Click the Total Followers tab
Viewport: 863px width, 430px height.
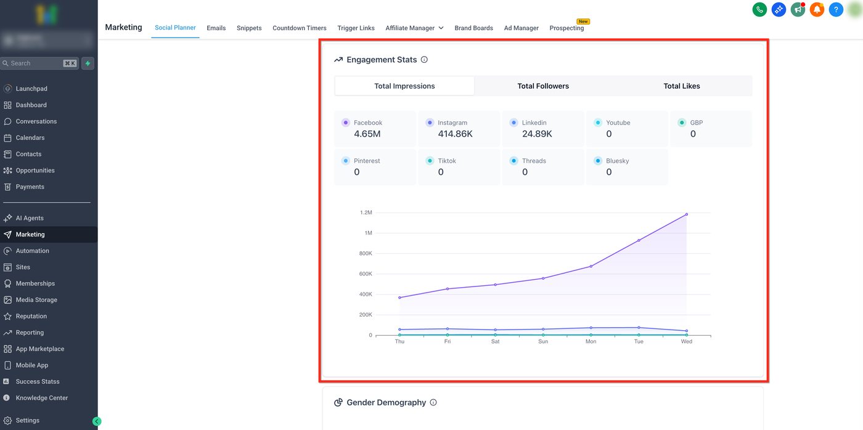tap(543, 86)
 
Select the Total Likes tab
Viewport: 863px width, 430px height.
tap(682, 86)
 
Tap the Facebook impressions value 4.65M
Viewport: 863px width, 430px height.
tap(367, 134)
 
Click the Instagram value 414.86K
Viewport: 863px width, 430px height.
tap(455, 134)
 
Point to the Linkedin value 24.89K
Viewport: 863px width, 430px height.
tap(537, 134)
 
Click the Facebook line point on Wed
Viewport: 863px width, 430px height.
tap(687, 214)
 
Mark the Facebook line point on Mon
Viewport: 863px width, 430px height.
tap(591, 266)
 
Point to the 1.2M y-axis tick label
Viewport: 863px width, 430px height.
tap(366, 213)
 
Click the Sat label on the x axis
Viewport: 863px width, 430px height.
tap(495, 341)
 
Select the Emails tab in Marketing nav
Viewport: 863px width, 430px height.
tap(216, 28)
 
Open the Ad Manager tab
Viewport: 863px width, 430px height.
tap(521, 28)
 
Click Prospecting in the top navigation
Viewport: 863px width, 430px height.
tap(566, 28)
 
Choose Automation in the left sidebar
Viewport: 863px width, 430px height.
tap(32, 251)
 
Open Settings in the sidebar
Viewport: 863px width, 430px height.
tap(27, 420)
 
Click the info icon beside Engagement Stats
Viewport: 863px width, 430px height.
tap(424, 60)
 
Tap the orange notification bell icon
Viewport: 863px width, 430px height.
tap(817, 9)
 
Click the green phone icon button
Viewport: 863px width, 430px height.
tap(759, 9)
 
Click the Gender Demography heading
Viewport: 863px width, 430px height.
tap(386, 402)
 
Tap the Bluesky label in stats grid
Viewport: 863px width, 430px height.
tap(617, 161)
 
